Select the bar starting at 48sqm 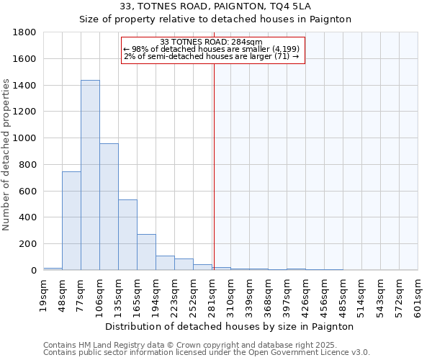pyautogui.click(x=71, y=220)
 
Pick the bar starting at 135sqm pyautogui.click(x=127, y=235)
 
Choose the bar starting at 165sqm pyautogui.click(x=146, y=252)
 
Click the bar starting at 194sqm pyautogui.click(x=165, y=263)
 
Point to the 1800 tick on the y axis pyautogui.click(x=25, y=32)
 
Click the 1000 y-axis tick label pyautogui.click(x=25, y=138)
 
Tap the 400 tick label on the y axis pyautogui.click(x=28, y=217)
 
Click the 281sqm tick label pyautogui.click(x=212, y=295)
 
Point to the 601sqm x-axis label pyautogui.click(x=418, y=295)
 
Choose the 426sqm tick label pyautogui.click(x=306, y=295)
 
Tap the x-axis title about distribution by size pyautogui.click(x=230, y=326)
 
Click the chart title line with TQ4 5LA pyautogui.click(x=216, y=6)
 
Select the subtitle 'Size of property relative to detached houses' pyautogui.click(x=216, y=19)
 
